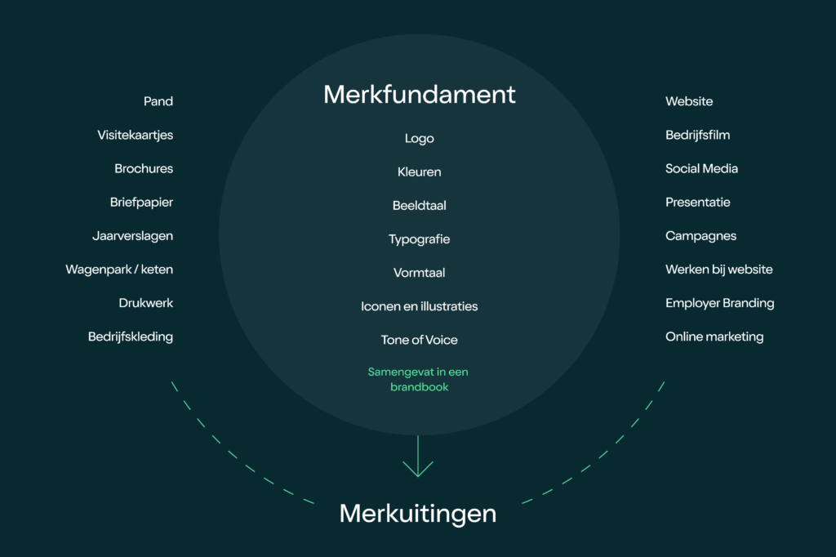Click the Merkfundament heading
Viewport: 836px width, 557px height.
[419, 95]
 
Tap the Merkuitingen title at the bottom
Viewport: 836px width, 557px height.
[418, 514]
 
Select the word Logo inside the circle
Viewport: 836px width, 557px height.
[419, 139]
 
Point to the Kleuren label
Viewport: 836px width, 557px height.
[419, 172]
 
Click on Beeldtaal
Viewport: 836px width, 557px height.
[419, 206]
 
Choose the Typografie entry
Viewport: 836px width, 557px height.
[419, 239]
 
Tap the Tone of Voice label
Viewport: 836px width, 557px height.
[419, 340]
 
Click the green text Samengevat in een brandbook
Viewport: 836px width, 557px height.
[418, 380]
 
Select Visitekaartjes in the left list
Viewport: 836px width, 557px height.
[136, 136]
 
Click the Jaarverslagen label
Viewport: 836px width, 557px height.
[132, 236]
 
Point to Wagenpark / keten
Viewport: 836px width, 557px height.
[119, 270]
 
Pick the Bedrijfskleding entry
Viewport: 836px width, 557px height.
[131, 336]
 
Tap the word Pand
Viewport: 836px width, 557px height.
[158, 101]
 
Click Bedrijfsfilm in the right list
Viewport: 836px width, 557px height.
[697, 136]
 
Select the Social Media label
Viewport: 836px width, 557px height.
[701, 169]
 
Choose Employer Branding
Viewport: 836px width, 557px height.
[719, 303]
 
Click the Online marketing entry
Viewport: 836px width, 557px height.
[714, 336]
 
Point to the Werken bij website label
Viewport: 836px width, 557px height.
[718, 270]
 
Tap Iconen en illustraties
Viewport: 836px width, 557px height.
[419, 306]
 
